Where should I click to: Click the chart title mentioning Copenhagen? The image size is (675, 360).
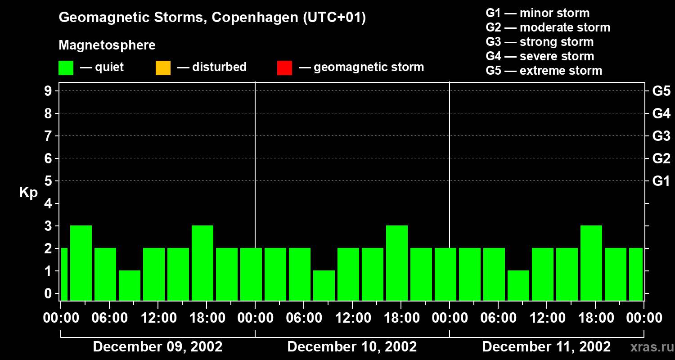(x=212, y=18)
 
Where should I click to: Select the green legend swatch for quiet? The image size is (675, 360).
(x=66, y=68)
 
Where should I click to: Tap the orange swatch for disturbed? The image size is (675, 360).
(x=163, y=68)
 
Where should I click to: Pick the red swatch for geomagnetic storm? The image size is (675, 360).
(x=284, y=68)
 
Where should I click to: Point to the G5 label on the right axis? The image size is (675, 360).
(x=661, y=91)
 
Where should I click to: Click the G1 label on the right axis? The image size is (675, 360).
(x=661, y=181)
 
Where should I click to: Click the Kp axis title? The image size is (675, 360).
(x=28, y=193)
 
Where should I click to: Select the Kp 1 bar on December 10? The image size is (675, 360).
(x=324, y=285)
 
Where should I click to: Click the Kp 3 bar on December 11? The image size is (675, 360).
(x=591, y=263)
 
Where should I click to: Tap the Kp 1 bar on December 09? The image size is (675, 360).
(x=130, y=285)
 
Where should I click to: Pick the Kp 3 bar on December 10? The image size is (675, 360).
(x=397, y=263)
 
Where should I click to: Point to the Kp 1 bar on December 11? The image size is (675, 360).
(x=518, y=285)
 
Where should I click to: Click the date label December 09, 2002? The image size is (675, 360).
(x=157, y=347)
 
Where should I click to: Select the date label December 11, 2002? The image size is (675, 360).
(x=546, y=347)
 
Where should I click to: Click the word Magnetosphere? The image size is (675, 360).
(x=107, y=45)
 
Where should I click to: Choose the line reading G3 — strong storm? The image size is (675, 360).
(x=540, y=42)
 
